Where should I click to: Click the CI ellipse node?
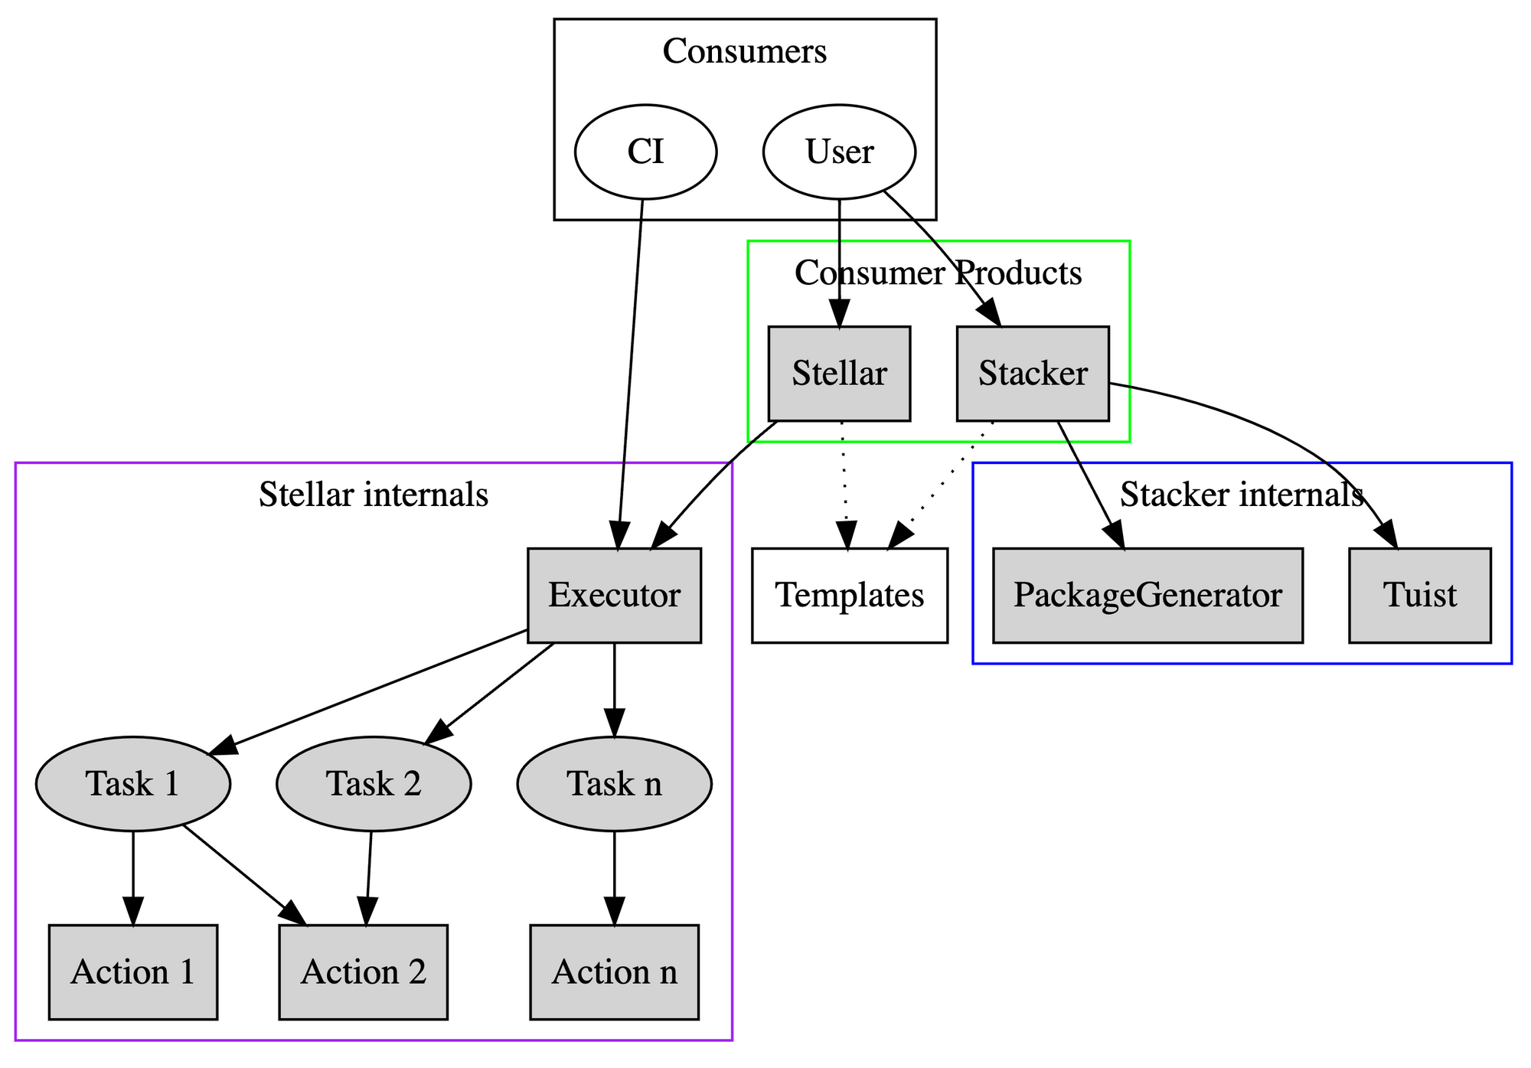(645, 152)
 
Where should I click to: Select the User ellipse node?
(839, 152)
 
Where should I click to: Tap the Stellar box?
(839, 374)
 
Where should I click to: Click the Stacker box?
(1033, 374)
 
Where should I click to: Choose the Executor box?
(614, 596)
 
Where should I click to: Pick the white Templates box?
(850, 596)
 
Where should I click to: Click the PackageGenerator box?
(1147, 596)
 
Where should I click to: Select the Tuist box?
(1420, 596)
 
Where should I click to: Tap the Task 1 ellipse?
(133, 784)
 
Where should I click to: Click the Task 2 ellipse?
(374, 784)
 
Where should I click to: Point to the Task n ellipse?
(614, 784)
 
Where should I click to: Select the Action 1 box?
(133, 972)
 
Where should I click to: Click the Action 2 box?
(363, 972)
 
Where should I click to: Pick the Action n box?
(614, 972)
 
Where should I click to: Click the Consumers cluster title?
(744, 52)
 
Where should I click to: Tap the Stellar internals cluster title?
(374, 495)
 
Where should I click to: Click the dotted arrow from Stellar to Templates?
(844, 475)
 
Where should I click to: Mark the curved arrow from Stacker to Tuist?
(1301, 436)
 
